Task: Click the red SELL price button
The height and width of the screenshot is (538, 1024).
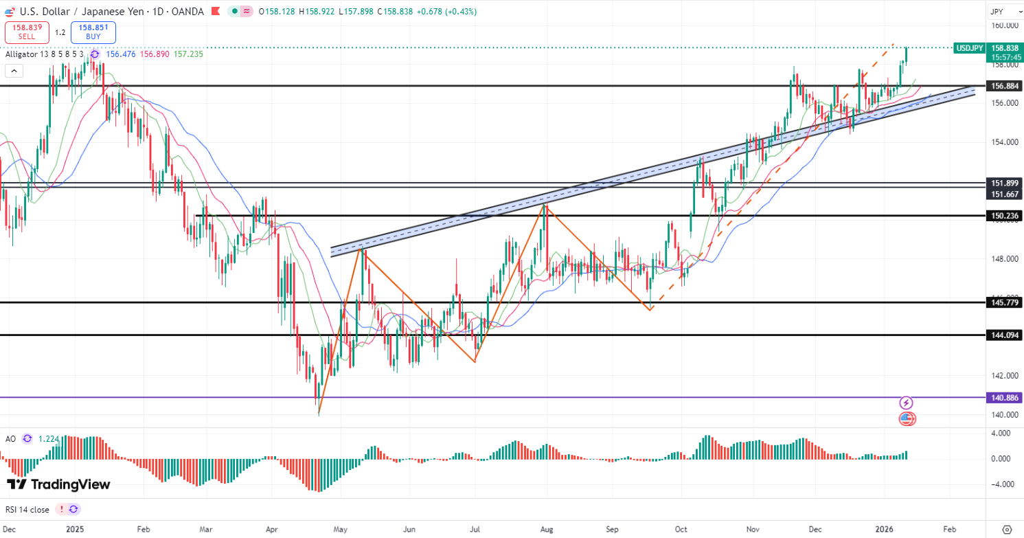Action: click(x=27, y=32)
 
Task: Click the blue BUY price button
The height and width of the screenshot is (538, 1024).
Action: click(x=93, y=32)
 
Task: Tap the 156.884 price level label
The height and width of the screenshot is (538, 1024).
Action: click(x=1003, y=86)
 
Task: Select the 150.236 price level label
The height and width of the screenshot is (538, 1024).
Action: click(x=1003, y=216)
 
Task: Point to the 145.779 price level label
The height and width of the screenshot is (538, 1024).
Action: click(x=1003, y=302)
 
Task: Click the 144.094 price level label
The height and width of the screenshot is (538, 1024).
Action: click(x=1003, y=335)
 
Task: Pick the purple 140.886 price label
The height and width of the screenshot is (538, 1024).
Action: click(x=1003, y=397)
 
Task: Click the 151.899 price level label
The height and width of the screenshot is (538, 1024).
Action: click(x=1003, y=183)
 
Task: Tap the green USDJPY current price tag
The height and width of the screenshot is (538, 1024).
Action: click(x=970, y=48)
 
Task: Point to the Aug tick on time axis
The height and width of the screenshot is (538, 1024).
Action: click(x=546, y=530)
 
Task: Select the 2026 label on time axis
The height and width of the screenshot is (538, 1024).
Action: click(x=885, y=530)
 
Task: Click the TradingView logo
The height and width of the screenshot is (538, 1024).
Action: click(x=58, y=484)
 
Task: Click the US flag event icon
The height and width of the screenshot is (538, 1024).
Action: click(x=907, y=418)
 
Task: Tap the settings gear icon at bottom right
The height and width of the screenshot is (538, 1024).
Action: click(x=1007, y=530)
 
